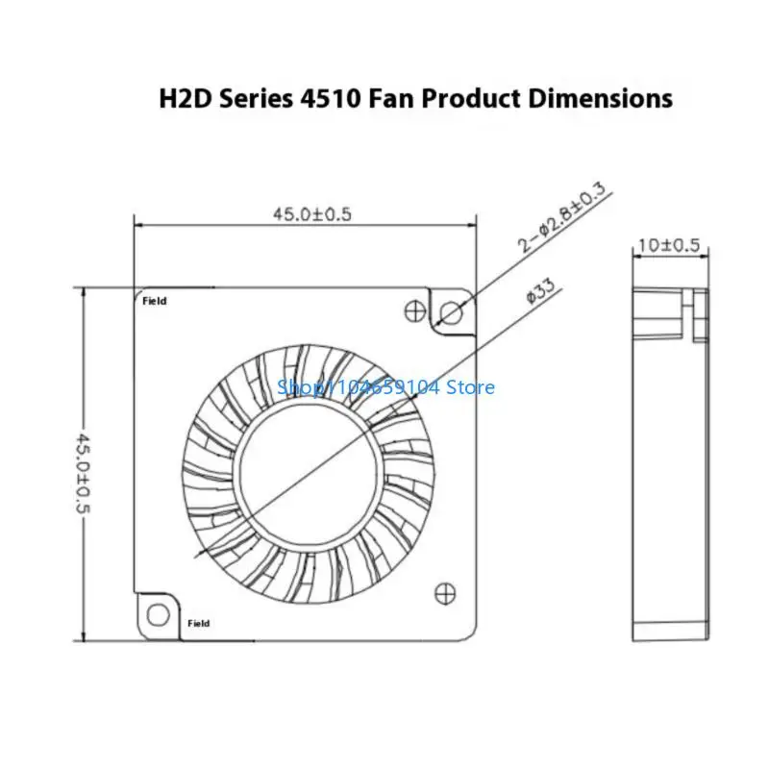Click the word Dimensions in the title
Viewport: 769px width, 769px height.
click(600, 99)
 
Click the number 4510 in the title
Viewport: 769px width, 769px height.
click(329, 99)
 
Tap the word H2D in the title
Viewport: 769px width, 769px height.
click(186, 99)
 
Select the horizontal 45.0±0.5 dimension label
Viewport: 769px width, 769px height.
click(312, 214)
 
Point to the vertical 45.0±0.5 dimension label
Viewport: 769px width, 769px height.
click(83, 473)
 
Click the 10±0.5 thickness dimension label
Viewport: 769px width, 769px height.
click(669, 245)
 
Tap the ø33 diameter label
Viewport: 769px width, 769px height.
click(541, 290)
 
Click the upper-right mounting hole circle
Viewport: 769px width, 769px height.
click(451, 312)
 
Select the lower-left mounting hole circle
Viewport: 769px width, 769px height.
click(158, 614)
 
